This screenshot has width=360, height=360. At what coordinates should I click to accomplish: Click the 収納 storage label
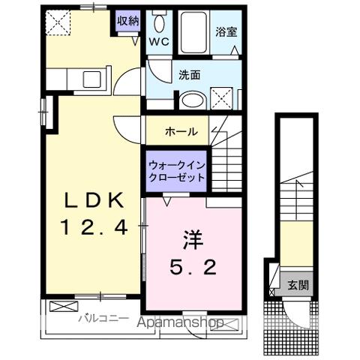click(127, 20)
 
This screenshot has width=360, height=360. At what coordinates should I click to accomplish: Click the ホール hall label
click(182, 131)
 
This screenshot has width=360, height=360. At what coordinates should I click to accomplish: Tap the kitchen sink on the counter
click(94, 77)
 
